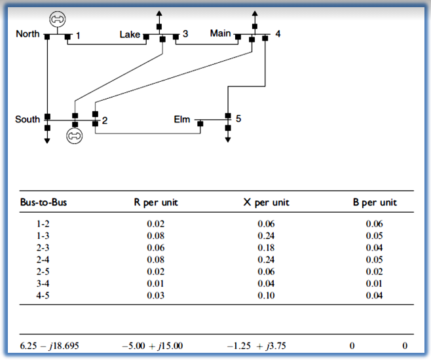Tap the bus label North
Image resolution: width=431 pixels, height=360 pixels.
click(28, 34)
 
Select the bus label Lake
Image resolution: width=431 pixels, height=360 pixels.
click(129, 34)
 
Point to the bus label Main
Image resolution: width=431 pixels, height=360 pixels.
click(220, 33)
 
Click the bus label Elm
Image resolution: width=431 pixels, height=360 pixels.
click(181, 119)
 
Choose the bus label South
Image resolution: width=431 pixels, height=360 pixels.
click(28, 119)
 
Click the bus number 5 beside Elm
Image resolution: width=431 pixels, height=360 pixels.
click(238, 118)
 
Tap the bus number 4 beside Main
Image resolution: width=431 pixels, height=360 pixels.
click(278, 33)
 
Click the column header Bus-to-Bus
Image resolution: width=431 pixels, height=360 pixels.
click(43, 202)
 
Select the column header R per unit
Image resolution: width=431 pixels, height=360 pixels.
click(156, 202)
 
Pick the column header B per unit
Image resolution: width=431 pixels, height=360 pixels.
click(375, 202)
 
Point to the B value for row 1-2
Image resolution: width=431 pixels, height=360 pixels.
click(375, 223)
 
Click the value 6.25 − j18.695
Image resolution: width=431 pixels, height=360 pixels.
click(46, 346)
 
